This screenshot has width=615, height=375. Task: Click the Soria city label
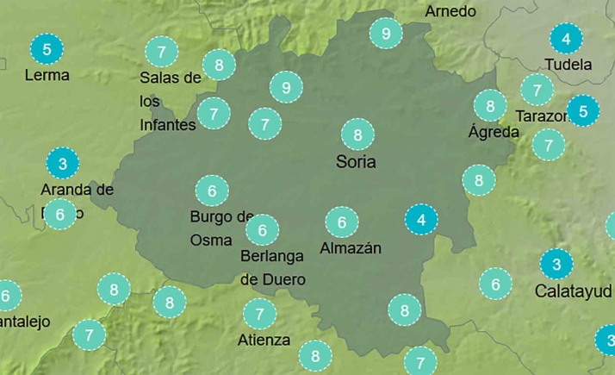point(357,161)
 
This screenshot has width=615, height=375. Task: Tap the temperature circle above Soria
point(357,134)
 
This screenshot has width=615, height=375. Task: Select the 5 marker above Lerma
point(47,49)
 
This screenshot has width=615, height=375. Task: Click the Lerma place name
point(47,75)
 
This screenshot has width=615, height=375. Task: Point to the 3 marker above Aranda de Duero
point(62,162)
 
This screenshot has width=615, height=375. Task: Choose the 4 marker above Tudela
point(566,39)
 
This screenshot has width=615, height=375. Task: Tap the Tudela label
point(568,65)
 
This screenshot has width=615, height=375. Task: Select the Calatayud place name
point(573,291)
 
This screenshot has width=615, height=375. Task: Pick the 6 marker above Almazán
point(342,222)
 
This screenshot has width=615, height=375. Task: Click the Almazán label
point(350,248)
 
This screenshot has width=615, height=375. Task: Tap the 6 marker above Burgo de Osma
point(212,190)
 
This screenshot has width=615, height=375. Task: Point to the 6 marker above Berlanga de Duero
point(262,230)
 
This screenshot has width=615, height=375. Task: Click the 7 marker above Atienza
point(259,313)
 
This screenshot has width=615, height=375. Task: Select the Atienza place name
point(264,340)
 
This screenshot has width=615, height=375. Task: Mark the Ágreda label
point(494,132)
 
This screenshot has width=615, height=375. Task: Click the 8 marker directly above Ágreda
point(490,106)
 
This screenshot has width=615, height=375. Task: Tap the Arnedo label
point(450,11)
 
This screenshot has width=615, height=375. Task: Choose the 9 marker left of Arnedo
point(385,34)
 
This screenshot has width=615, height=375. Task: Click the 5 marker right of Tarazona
point(583,111)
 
